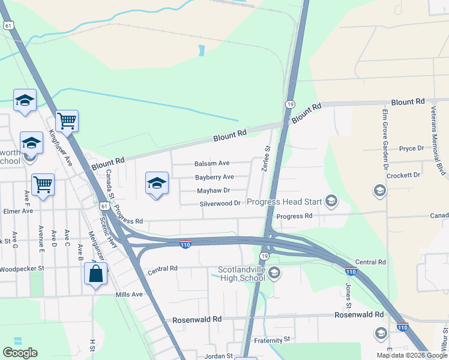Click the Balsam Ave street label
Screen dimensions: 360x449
212,163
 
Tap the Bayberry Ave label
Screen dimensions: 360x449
214,177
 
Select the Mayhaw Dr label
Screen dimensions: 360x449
214,191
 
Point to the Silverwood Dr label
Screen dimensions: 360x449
220,204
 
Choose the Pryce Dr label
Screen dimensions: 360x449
412,148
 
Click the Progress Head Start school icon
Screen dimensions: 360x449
331,202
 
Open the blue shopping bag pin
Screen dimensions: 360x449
96,275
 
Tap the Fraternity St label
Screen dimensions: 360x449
271,339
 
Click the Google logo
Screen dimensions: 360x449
20,353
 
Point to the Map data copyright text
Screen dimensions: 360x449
412,355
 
